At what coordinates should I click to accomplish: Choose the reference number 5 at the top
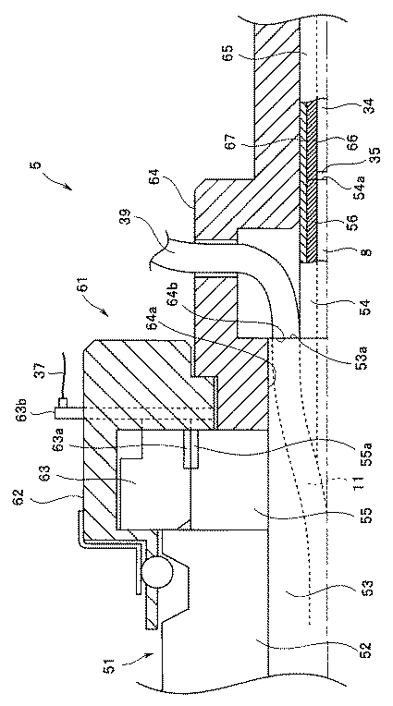pyautogui.click(x=37, y=164)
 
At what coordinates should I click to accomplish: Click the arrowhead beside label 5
pyautogui.click(x=68, y=189)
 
